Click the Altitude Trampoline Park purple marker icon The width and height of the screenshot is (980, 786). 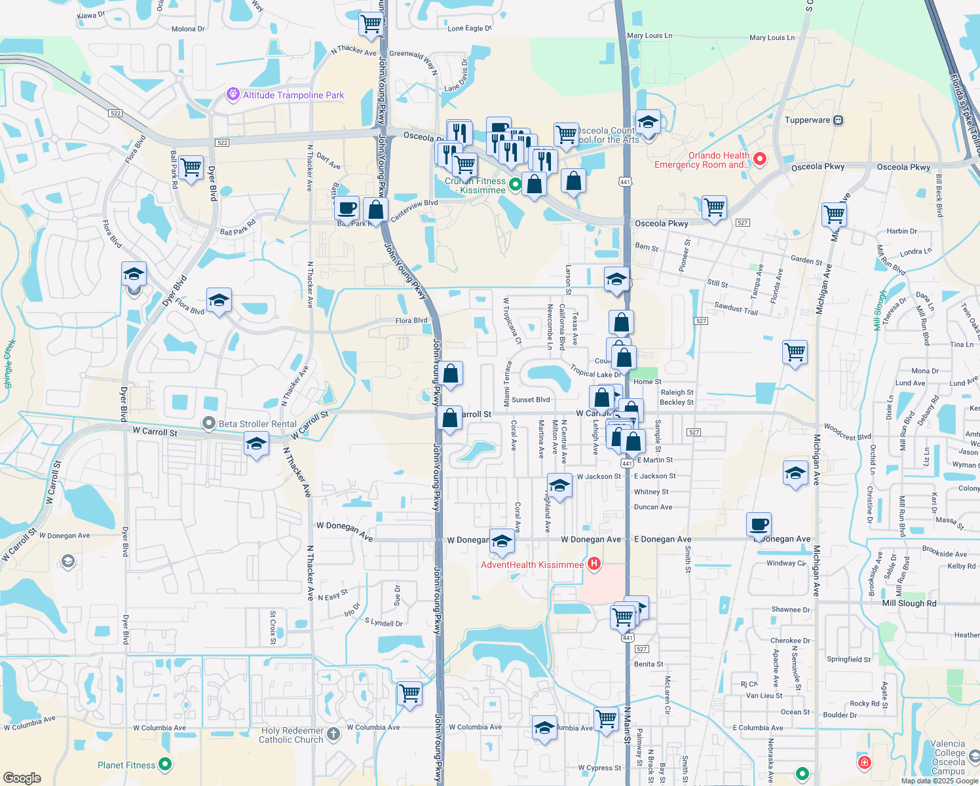[x=233, y=95]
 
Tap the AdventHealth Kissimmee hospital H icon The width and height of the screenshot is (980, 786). [x=594, y=563]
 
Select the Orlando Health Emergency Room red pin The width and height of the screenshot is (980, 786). [x=760, y=159]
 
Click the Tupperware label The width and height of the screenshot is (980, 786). [x=808, y=121]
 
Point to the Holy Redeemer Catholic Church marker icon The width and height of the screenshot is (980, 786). [x=333, y=734]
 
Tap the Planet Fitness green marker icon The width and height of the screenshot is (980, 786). [x=165, y=764]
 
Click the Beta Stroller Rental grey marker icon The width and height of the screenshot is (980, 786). [x=208, y=423]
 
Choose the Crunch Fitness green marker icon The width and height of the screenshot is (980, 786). [x=515, y=185]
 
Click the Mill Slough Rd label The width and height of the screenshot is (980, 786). [x=909, y=603]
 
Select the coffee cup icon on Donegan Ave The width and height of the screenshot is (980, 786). [x=759, y=525]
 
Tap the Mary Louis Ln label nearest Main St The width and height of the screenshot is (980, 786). [x=649, y=36]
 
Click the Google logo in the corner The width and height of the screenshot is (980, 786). [x=22, y=777]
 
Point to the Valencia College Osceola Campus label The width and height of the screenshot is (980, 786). [x=948, y=757]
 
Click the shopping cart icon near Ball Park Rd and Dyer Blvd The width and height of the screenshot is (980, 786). [x=191, y=168]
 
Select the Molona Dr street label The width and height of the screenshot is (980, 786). [x=188, y=29]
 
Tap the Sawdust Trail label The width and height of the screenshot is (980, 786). [x=736, y=309]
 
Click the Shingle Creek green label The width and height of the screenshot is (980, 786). [x=9, y=365]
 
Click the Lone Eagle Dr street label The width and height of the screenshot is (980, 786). [x=469, y=29]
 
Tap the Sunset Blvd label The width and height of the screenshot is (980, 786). [x=531, y=400]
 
